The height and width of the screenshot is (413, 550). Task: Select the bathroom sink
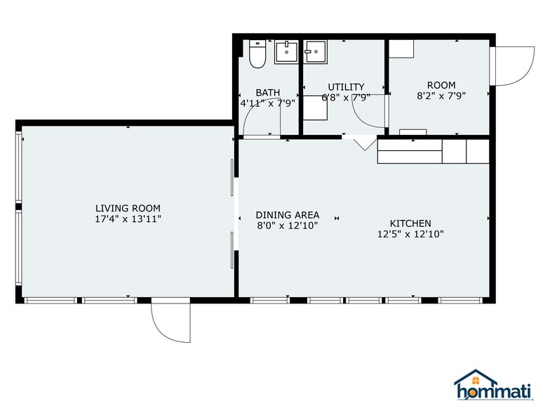pos(286,52)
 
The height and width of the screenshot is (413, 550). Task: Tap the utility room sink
pos(316,52)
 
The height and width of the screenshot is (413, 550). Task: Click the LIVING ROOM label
pos(128,208)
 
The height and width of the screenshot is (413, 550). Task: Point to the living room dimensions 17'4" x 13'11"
pos(128,219)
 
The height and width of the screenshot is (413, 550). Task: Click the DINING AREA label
pos(288,215)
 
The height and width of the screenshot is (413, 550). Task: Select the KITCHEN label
pos(410,223)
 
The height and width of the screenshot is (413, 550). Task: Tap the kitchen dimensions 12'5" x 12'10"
pos(410,234)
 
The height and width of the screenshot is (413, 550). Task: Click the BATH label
pos(268,93)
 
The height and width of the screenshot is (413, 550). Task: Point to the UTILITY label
pos(346,87)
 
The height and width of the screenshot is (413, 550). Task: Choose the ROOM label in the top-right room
pos(441,85)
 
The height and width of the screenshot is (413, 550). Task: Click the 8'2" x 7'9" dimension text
pos(441,96)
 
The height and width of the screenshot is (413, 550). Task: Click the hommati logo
pos(494,385)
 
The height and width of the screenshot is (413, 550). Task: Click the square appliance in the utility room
pos(316,108)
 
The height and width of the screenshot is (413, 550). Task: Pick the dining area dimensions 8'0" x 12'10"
pos(288,225)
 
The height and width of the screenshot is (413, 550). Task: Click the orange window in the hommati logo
pos(476,381)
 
